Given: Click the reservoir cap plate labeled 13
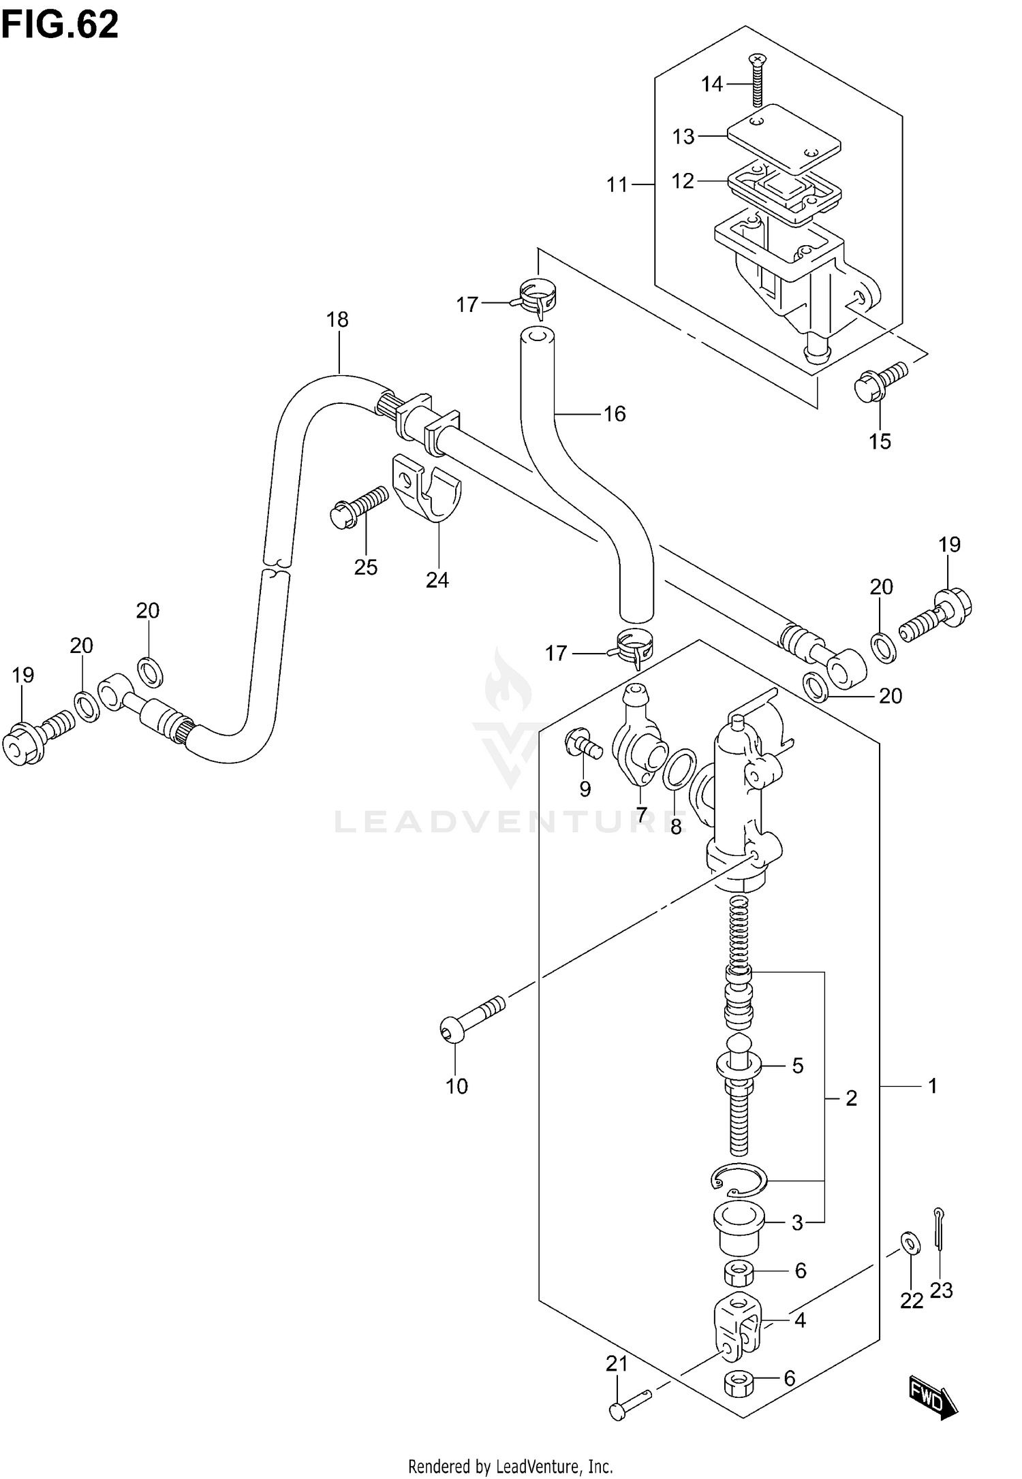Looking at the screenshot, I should (x=784, y=137).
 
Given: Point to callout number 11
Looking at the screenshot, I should (x=617, y=185).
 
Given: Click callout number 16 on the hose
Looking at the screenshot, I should (x=615, y=414).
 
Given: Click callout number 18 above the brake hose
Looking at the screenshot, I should (x=337, y=319).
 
